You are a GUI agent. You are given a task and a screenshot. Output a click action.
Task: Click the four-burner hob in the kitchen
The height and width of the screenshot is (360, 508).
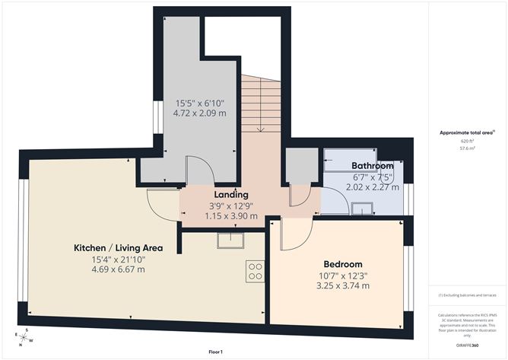[255, 271]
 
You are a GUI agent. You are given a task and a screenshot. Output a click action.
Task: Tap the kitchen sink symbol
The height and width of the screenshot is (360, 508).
[229, 241]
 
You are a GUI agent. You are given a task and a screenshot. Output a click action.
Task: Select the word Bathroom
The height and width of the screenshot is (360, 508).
[372, 166]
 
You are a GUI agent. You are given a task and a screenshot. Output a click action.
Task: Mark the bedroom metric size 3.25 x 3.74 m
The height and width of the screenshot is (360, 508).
[342, 285]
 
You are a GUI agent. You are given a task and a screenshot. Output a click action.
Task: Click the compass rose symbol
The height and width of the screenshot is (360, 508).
[23, 337]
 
